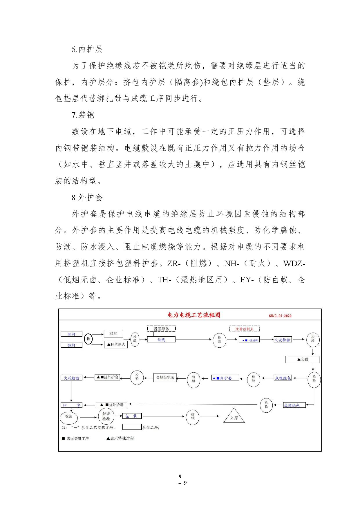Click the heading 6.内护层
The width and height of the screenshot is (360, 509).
click(x=87, y=49)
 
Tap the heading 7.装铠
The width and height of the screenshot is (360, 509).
click(x=83, y=115)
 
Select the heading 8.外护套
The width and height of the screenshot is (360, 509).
click(x=87, y=198)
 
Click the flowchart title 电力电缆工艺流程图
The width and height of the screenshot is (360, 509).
click(x=194, y=315)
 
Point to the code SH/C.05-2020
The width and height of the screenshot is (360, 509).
click(x=280, y=316)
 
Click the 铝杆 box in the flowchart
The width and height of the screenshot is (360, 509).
click(x=71, y=334)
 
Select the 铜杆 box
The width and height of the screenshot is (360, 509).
click(x=71, y=345)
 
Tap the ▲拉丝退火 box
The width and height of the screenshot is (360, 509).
click(x=116, y=344)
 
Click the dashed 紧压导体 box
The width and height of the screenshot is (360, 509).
click(x=161, y=329)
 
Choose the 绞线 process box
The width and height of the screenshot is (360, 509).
click(x=161, y=340)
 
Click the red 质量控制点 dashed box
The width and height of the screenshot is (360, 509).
click(x=244, y=329)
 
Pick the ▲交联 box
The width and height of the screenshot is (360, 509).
click(x=302, y=359)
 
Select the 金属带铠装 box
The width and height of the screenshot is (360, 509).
click(x=165, y=378)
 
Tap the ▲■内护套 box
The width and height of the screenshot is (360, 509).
click(x=225, y=378)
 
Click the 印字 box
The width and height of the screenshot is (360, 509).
click(x=71, y=405)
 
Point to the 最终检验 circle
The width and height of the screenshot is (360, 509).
click(x=106, y=416)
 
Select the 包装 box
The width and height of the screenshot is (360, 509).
click(x=132, y=416)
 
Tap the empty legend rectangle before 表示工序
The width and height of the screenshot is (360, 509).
click(x=132, y=427)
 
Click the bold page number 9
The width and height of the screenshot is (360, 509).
click(x=180, y=476)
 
